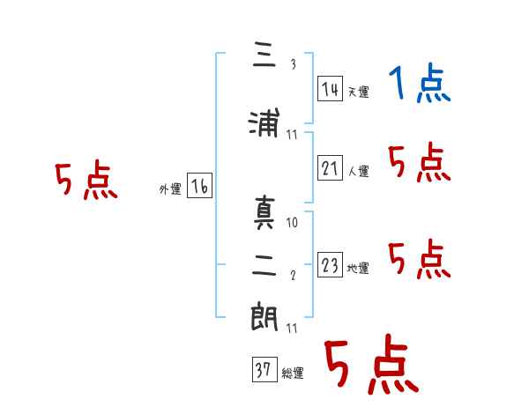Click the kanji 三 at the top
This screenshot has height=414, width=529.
coord(264,54)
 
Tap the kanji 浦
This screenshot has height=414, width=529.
coord(264,122)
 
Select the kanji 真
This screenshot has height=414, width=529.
coord(264,212)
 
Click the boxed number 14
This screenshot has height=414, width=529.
coord(330,89)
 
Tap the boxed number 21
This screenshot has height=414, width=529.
coord(330,167)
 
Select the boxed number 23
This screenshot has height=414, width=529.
coord(330,264)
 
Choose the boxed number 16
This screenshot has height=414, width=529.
coord(199,186)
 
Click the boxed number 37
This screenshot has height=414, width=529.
coord(264,369)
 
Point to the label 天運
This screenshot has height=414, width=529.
coord(358,92)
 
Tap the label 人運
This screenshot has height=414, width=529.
coord(358,171)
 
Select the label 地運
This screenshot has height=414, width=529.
coord(358,268)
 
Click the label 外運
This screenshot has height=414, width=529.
coord(170,189)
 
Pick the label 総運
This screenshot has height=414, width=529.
coord(293,373)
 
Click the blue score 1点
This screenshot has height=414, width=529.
coord(420,83)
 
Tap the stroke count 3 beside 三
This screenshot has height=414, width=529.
coord(294,64)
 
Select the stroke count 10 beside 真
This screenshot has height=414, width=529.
coord(292,223)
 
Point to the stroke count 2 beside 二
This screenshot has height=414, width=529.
coord(293,275)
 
